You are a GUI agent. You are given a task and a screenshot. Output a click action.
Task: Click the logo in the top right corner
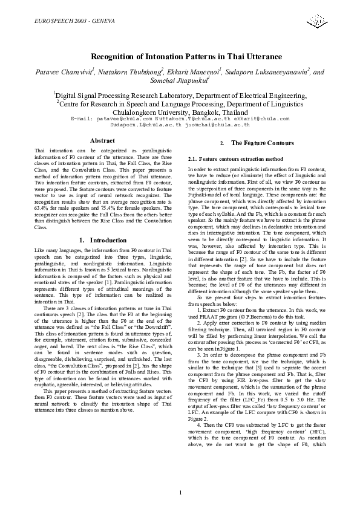317,22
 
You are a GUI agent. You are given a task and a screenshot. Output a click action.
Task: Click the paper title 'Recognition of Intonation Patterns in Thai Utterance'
180,57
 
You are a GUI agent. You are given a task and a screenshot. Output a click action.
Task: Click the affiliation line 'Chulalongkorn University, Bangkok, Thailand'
180,112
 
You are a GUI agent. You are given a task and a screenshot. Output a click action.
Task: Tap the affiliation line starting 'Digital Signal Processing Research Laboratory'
180,95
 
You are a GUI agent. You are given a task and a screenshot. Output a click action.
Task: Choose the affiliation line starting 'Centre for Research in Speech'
180,103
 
